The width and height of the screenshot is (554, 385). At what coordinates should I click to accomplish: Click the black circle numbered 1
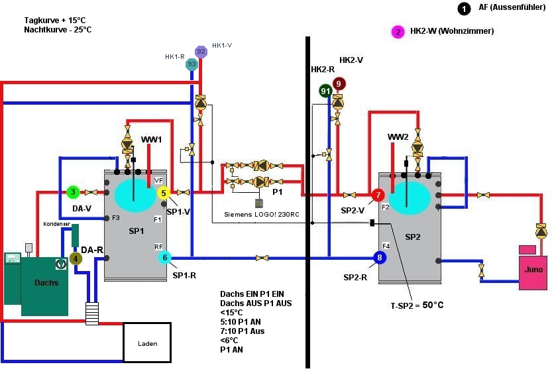tap(463, 9)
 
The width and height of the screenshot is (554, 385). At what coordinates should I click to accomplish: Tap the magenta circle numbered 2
tap(398, 32)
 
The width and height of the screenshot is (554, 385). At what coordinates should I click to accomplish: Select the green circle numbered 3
tap(72, 192)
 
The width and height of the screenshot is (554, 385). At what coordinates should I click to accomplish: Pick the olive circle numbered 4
tap(75, 258)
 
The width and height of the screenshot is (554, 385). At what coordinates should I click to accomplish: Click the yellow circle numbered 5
tap(164, 193)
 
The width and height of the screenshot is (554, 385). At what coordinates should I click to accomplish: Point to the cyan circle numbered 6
tap(165, 258)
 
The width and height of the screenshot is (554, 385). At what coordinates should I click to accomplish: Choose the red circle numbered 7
tap(378, 195)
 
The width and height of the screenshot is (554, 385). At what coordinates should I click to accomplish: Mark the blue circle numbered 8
tap(380, 258)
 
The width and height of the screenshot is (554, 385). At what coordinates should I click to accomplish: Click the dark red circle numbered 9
tap(339, 83)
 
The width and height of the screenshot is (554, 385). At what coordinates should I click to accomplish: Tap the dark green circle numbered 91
tap(325, 91)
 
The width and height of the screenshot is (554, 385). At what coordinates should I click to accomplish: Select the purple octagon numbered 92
tap(201, 52)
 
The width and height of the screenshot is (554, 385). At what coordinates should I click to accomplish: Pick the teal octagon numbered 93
tap(192, 64)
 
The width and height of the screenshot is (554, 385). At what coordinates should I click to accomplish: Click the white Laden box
tap(147, 342)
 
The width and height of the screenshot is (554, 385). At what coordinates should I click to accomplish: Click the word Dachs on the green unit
tap(46, 282)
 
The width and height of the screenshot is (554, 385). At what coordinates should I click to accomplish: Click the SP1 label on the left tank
tap(136, 231)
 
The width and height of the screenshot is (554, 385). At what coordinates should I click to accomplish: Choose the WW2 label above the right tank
tap(398, 137)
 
